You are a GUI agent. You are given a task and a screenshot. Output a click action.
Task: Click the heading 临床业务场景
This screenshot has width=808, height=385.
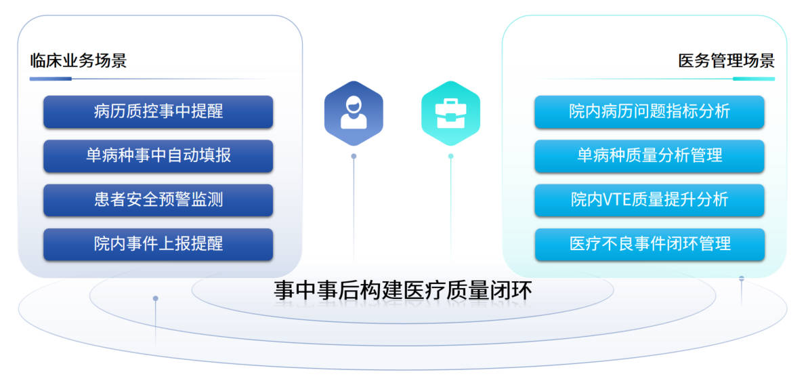[x=79, y=61]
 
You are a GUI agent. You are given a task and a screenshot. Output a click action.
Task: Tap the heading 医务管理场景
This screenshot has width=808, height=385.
[x=726, y=61]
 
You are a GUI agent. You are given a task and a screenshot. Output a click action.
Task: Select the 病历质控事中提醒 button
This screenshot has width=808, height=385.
[x=158, y=112]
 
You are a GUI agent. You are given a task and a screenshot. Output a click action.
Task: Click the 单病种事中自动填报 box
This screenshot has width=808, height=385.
[x=158, y=156]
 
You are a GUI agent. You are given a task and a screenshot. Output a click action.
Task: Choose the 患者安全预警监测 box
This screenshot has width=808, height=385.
[x=158, y=200]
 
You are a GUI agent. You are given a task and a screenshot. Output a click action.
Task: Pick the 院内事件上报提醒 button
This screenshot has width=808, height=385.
[x=158, y=244]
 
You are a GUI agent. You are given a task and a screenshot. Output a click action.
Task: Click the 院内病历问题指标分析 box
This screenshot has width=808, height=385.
[x=650, y=112]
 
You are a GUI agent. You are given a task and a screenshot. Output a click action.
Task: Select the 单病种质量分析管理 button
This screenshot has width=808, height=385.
[x=650, y=156]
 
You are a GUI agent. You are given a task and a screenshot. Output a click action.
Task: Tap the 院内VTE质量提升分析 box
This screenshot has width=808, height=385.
[x=650, y=200]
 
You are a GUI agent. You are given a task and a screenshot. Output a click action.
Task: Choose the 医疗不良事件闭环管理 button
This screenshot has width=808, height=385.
[x=650, y=244]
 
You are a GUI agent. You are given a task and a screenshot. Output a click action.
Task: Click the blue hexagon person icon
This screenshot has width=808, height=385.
[x=354, y=113]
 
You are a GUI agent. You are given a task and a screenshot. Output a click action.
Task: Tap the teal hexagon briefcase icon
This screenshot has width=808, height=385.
[x=451, y=113]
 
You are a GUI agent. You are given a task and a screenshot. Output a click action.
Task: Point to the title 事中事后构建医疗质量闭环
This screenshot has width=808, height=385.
[x=402, y=291]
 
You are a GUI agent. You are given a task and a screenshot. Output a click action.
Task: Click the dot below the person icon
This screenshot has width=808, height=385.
[x=354, y=156]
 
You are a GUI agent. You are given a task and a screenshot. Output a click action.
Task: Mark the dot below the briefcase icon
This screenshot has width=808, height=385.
[x=451, y=156]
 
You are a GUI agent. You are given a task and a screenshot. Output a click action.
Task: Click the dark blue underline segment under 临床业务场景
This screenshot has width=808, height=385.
[x=51, y=79]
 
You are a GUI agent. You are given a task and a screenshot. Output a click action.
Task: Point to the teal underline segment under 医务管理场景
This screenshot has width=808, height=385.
[x=754, y=79]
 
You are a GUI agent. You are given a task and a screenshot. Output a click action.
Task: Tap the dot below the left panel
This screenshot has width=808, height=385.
[x=156, y=298]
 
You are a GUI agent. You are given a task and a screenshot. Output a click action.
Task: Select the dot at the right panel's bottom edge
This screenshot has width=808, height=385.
[x=742, y=279]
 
